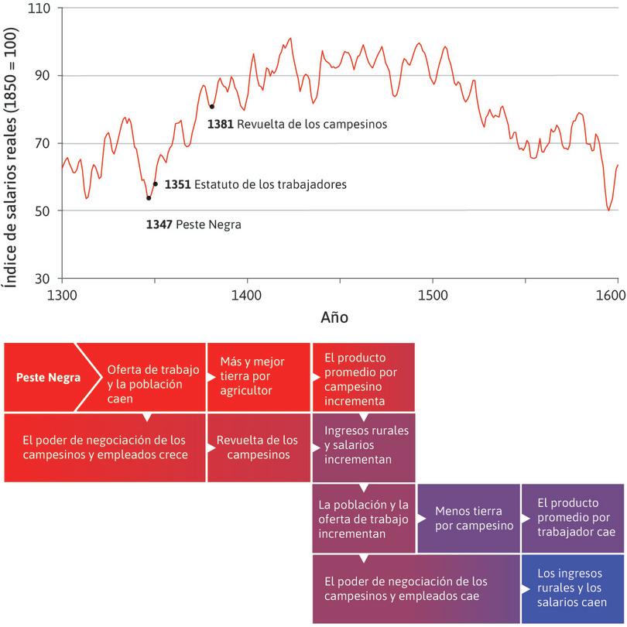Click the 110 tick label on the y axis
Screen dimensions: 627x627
(x=38, y=9)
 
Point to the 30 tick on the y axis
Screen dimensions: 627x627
(x=41, y=279)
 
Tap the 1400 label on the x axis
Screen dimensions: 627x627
(x=247, y=295)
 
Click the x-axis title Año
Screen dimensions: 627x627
(x=334, y=317)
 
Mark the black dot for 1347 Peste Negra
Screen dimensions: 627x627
(x=149, y=198)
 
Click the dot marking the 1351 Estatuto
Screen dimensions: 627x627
(x=156, y=184)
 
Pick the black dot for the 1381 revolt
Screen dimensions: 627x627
(x=211, y=107)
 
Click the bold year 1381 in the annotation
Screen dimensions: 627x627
(x=221, y=123)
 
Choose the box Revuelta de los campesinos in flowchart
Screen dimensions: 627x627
(x=257, y=447)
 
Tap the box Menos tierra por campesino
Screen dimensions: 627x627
(x=468, y=518)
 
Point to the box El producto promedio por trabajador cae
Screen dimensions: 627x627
(x=572, y=518)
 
